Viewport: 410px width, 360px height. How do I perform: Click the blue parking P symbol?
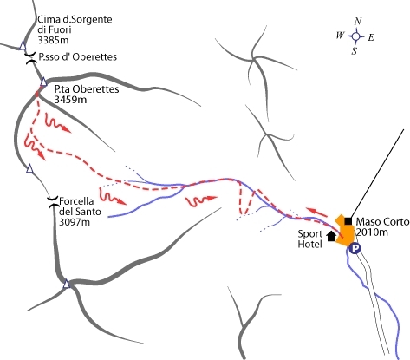tap(355, 248)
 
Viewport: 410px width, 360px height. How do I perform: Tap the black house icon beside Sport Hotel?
tap(331, 236)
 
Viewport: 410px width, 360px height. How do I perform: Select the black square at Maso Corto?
tap(348, 221)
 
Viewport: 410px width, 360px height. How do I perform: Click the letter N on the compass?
tap(358, 22)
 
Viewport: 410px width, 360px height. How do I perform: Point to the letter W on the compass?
tap(340, 36)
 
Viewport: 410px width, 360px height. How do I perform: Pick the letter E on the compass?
tap(371, 37)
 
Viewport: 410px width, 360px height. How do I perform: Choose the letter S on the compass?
tap(355, 51)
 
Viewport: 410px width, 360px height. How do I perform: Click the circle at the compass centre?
tap(356, 36)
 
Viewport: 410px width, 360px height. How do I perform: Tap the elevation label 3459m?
tap(70, 100)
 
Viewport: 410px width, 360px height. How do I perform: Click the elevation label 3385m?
tap(53, 40)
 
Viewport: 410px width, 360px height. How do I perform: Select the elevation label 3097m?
tap(75, 222)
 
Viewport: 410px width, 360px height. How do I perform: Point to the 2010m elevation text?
tap(372, 232)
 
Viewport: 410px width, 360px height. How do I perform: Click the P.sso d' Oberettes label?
tap(78, 56)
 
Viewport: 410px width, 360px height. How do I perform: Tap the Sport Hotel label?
tap(310, 239)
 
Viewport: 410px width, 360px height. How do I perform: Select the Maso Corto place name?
tap(382, 222)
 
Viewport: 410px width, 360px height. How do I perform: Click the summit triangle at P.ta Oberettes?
tap(43, 82)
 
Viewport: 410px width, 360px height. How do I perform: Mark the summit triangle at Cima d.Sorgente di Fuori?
tap(23, 45)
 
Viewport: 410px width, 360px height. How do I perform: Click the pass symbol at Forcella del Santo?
tap(53, 202)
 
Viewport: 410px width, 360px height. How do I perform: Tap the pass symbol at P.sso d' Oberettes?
tap(32, 58)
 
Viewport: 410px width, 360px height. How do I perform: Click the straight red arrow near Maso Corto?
tap(316, 212)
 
